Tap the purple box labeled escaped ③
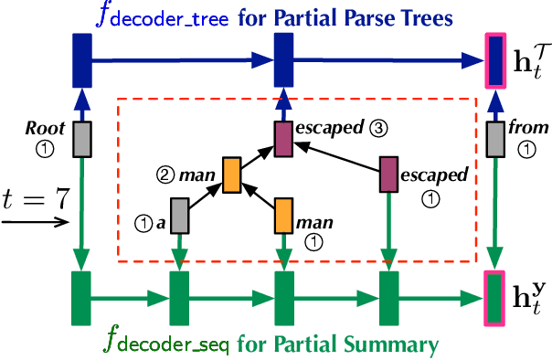284,137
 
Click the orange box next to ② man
231,173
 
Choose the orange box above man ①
284,216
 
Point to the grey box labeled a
180,216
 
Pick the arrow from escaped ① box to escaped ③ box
339,155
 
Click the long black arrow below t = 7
32,219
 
